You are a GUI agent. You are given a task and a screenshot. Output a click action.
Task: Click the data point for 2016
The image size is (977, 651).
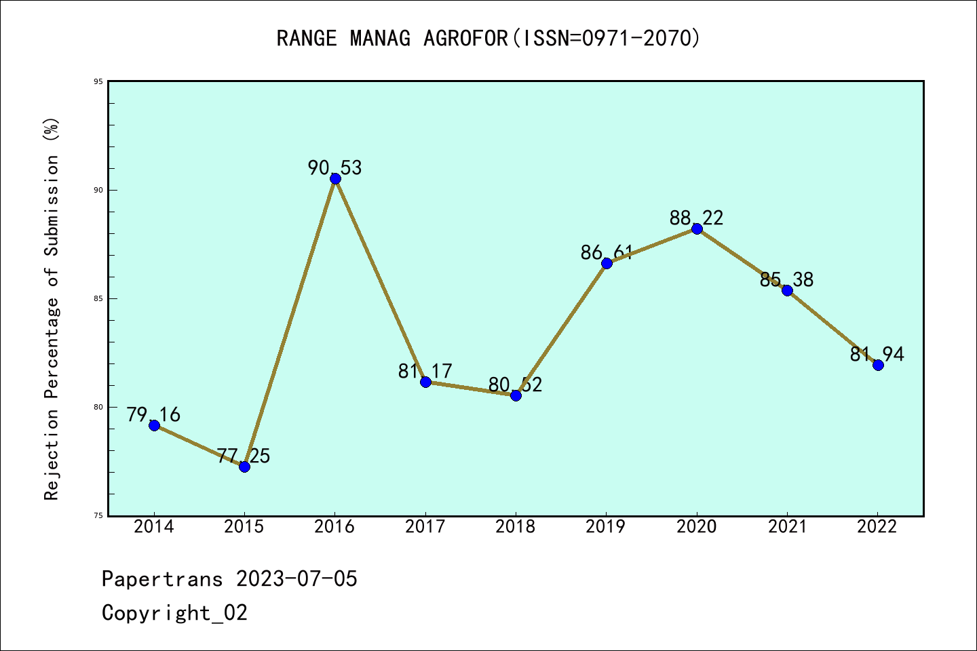pos(335,178)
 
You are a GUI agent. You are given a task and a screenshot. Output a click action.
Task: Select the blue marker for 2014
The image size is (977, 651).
pos(154,425)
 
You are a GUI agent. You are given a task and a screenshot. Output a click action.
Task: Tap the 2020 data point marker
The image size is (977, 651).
pos(697,229)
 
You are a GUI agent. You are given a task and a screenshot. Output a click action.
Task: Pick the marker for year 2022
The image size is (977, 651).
pos(878,365)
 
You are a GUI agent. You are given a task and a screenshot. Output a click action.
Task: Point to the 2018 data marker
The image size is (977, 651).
pos(516,395)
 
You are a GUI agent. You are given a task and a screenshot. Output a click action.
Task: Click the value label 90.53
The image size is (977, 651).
pos(335,167)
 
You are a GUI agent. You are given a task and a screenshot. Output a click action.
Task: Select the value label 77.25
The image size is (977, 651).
pos(244,456)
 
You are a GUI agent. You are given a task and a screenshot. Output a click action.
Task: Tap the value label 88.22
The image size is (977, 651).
pos(696,218)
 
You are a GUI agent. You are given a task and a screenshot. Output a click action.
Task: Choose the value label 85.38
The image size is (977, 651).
pos(786,279)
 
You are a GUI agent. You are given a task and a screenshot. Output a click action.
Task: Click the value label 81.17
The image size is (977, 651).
pos(425,371)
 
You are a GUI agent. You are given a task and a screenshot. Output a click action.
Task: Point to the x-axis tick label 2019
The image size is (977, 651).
pos(606,526)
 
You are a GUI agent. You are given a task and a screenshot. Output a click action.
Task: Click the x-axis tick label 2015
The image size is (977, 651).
pos(244,526)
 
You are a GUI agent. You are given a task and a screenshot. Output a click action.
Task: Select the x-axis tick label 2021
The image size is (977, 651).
pos(787,526)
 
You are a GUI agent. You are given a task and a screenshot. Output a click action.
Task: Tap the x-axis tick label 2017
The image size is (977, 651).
pos(425,526)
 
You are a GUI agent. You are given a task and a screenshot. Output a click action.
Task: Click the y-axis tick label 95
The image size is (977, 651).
pos(98,81)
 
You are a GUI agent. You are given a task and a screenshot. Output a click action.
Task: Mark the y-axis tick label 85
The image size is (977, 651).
pos(98,298)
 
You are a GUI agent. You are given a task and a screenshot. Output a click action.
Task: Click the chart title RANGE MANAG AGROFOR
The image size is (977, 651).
pos(488,38)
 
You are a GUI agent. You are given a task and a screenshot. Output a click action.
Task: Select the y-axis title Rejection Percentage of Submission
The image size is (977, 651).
pos(52,309)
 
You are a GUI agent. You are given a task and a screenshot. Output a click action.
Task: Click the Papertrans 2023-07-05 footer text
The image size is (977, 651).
pos(229,578)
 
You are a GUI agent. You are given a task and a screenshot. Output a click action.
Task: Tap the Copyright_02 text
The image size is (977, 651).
pos(174,612)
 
